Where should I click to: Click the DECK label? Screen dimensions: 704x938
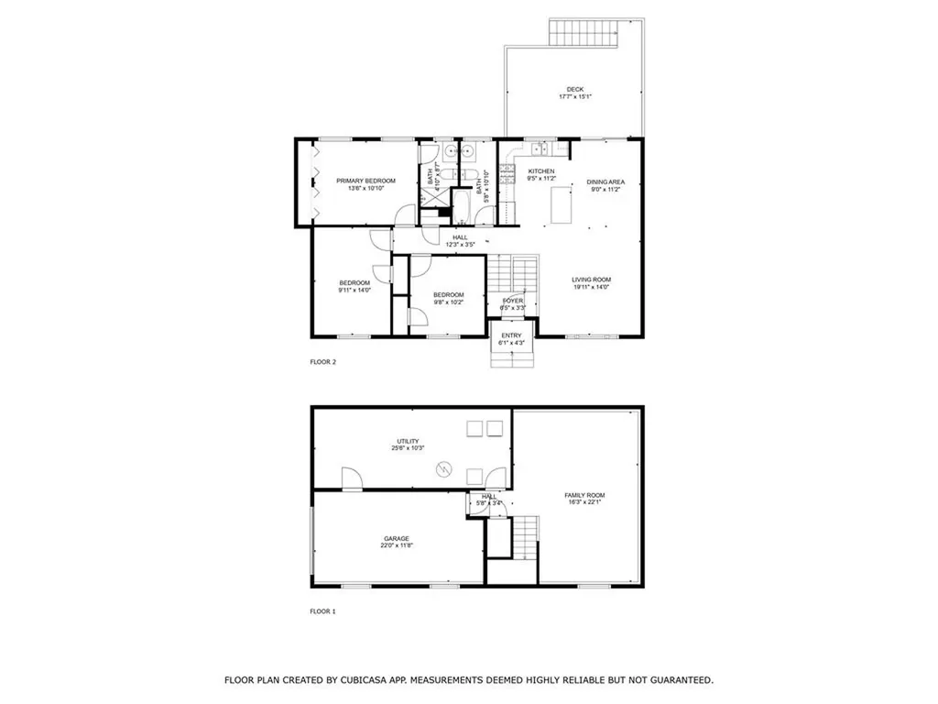pyautogui.click(x=574, y=89)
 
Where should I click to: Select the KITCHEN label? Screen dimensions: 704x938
pyautogui.click(x=541, y=171)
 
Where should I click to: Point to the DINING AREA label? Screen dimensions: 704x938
pyautogui.click(x=605, y=182)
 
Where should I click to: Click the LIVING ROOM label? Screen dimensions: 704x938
pyautogui.click(x=592, y=280)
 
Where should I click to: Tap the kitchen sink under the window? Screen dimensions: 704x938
pyautogui.click(x=538, y=147)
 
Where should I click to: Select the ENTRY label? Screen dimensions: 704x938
pyautogui.click(x=511, y=335)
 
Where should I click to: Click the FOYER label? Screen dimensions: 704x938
pyautogui.click(x=513, y=301)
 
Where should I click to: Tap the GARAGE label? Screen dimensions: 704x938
pyautogui.click(x=397, y=538)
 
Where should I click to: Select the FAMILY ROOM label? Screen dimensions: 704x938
pyautogui.click(x=584, y=496)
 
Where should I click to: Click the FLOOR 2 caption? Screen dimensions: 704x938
pyautogui.click(x=323, y=362)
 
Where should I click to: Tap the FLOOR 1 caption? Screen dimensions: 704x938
pyautogui.click(x=323, y=610)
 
